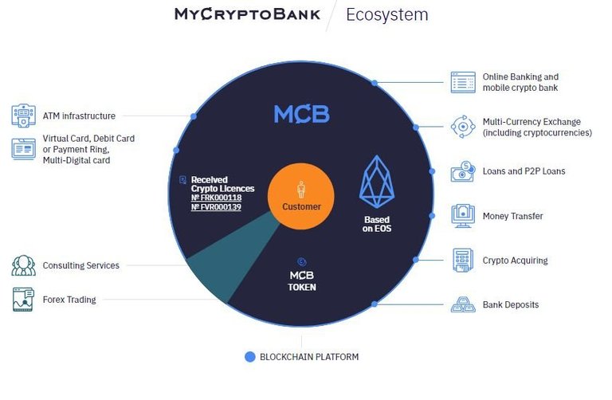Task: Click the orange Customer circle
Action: (x=301, y=196)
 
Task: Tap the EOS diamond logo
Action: (x=377, y=181)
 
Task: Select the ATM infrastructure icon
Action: (x=23, y=116)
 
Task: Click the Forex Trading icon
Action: (x=23, y=300)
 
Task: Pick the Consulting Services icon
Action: (x=23, y=265)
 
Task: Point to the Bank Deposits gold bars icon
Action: (x=463, y=304)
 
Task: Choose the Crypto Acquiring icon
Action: (x=463, y=260)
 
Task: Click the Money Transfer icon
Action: (x=463, y=215)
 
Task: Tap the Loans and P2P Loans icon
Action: (x=463, y=171)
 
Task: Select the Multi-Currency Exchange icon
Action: (x=463, y=127)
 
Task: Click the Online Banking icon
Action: (x=463, y=82)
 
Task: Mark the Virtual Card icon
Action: (x=23, y=149)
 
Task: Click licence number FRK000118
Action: (x=216, y=198)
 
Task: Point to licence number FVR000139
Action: (x=216, y=207)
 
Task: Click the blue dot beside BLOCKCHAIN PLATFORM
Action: (x=249, y=357)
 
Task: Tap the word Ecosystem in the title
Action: (x=387, y=15)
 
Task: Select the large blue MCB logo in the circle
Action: (x=302, y=114)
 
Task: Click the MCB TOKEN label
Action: (x=302, y=281)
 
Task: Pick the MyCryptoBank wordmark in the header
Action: (x=248, y=14)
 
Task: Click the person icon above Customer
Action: (x=301, y=190)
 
